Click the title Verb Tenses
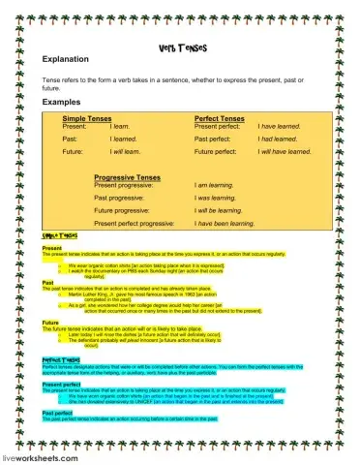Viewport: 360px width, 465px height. (x=179, y=46)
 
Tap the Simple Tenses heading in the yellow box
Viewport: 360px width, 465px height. (x=88, y=117)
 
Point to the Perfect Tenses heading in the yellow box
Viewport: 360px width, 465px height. (x=221, y=117)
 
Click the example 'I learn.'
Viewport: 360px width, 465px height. (x=120, y=126)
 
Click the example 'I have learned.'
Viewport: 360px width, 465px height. (x=268, y=126)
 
